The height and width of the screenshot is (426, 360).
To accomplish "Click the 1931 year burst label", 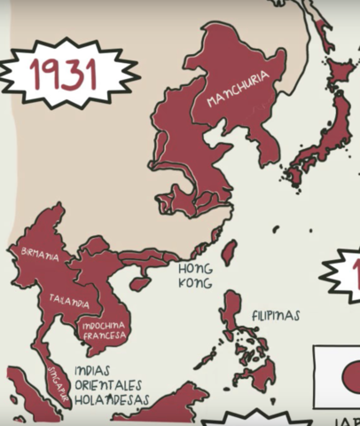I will [64, 73].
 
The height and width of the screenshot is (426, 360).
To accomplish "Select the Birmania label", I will [40, 256].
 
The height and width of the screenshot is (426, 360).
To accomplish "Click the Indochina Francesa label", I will [104, 330].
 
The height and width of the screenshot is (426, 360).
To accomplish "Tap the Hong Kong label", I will [195, 275].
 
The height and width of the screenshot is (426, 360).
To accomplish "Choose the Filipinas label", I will [275, 315].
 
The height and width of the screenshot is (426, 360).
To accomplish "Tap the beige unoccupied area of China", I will [89, 169].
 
